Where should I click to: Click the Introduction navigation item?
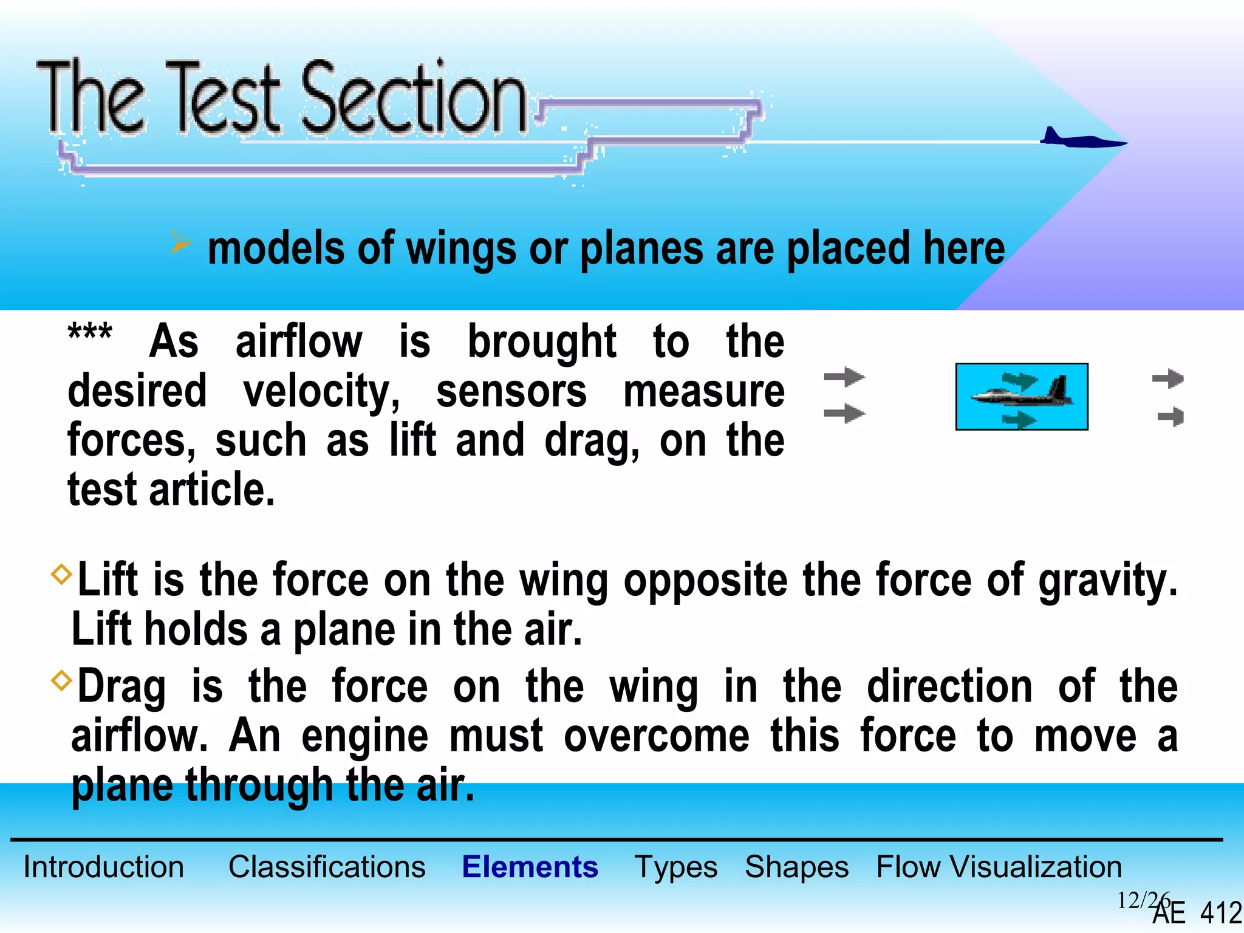click(103, 867)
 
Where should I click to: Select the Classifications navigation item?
click(327, 867)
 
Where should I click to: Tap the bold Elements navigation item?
click(530, 867)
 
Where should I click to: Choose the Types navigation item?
click(675, 867)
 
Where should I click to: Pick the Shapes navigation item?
click(796, 867)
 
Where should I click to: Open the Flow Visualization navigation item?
click(999, 867)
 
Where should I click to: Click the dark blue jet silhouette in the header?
click(1081, 140)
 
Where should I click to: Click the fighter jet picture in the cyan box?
click(1022, 396)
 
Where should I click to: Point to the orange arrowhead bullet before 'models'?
click(180, 244)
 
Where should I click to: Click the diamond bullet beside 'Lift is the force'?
click(61, 573)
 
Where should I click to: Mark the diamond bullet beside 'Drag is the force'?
click(61, 680)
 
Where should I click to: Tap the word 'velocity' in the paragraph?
click(321, 392)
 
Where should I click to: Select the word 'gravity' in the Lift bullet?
click(1107, 581)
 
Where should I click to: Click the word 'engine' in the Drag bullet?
click(364, 737)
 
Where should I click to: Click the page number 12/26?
click(1142, 900)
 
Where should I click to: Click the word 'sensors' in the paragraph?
click(511, 392)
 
